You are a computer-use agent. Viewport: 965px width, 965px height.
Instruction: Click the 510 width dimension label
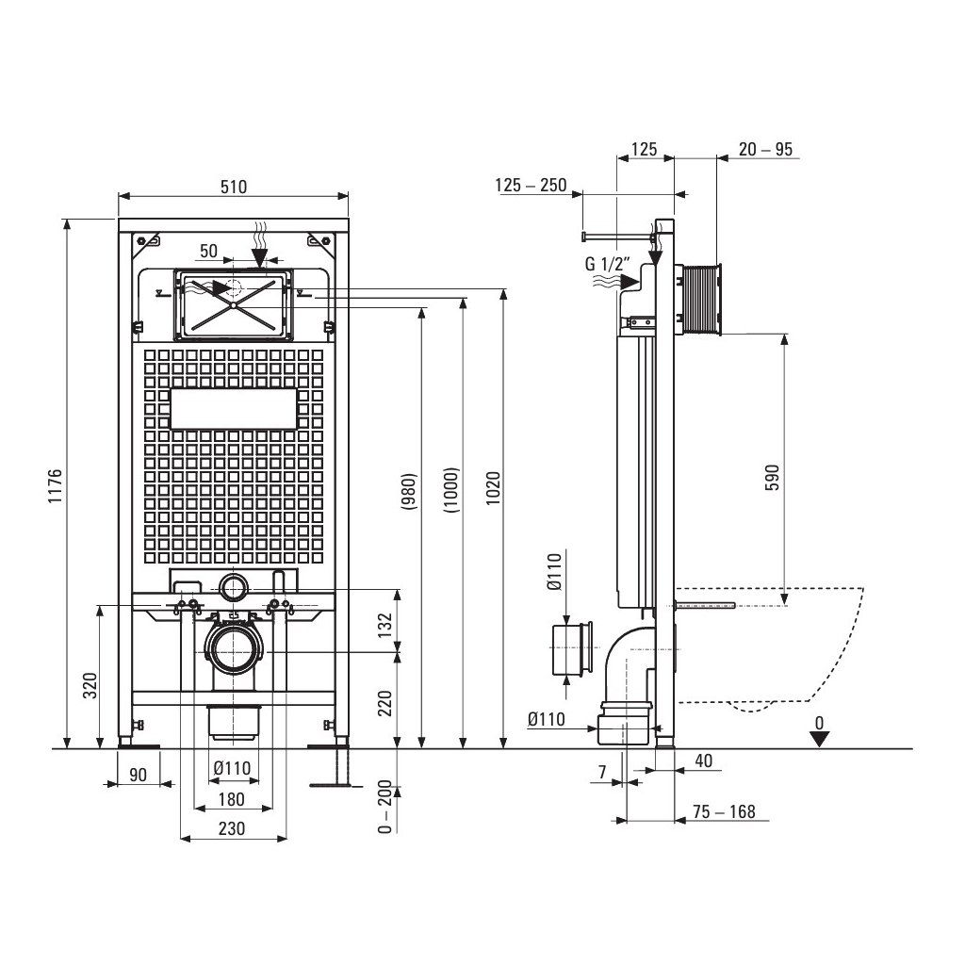[x=234, y=187]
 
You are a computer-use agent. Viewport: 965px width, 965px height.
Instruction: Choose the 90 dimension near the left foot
[x=138, y=775]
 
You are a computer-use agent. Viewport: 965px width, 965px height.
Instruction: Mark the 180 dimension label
[x=231, y=800]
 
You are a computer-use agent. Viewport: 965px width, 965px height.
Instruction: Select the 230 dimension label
[x=231, y=828]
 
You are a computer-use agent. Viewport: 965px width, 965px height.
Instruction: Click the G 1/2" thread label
[x=606, y=265]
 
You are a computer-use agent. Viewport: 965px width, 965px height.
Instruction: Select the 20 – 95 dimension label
[x=765, y=149]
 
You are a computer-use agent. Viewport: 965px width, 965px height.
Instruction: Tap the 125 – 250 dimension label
[x=531, y=185]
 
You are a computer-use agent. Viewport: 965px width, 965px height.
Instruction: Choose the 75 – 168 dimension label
[x=724, y=812]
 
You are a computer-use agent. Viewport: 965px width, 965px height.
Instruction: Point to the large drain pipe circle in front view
[x=231, y=650]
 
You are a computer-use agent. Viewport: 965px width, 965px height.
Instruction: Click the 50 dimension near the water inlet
[x=208, y=251]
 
